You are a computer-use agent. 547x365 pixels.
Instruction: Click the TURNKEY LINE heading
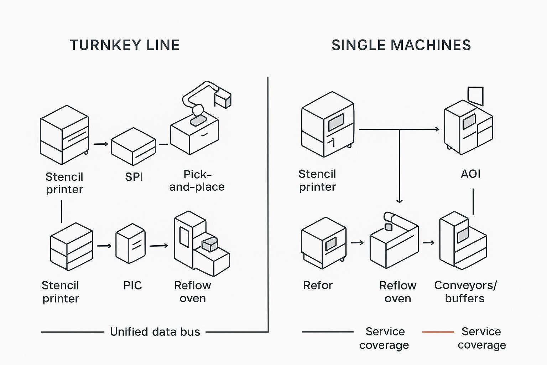pyautogui.click(x=125, y=45)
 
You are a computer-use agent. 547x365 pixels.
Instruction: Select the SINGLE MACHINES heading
pyautogui.click(x=401, y=45)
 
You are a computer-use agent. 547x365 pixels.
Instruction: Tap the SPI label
pyautogui.click(x=134, y=177)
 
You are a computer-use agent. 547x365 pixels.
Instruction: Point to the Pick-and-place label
pyautogui.click(x=197, y=181)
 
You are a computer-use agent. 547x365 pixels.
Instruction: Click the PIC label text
pyautogui.click(x=132, y=286)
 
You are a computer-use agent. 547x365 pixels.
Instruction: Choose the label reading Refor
pyautogui.click(x=318, y=286)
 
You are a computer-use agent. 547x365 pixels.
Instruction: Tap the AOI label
pyautogui.click(x=470, y=174)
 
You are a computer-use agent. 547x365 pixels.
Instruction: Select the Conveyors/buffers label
pyautogui.click(x=465, y=292)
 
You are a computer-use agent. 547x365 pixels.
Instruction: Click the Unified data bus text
pyautogui.click(x=155, y=332)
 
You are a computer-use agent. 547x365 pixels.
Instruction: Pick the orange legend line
pyautogui.click(x=438, y=332)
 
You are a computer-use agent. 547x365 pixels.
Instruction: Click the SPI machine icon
pyautogui.click(x=133, y=146)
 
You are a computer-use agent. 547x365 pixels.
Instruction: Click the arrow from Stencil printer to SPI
pyautogui.click(x=101, y=144)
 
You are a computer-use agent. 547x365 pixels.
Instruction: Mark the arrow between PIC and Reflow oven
pyautogui.click(x=158, y=246)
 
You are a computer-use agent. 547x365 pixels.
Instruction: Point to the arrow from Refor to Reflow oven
pyautogui.click(x=357, y=243)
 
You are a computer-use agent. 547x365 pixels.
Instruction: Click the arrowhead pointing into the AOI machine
pyautogui.click(x=437, y=129)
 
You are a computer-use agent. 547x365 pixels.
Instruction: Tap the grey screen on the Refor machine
pyautogui.click(x=331, y=243)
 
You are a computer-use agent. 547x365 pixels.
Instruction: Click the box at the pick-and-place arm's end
pyautogui.click(x=223, y=98)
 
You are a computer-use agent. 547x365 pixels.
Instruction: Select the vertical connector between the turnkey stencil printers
pyautogui.click(x=62, y=211)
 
